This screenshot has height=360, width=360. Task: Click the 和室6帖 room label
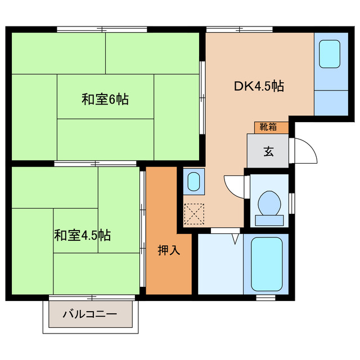pos(105,100)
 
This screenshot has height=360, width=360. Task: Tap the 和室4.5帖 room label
pos(82,235)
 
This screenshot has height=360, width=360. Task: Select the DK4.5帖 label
pos(258,86)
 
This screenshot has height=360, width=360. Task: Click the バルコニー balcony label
pos(90,314)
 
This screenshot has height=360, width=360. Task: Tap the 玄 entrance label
pos(268,151)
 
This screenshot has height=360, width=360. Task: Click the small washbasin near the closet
pos(193,182)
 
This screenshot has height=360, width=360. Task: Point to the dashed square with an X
pos(193,214)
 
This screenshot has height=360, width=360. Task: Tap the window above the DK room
pos(232,29)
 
